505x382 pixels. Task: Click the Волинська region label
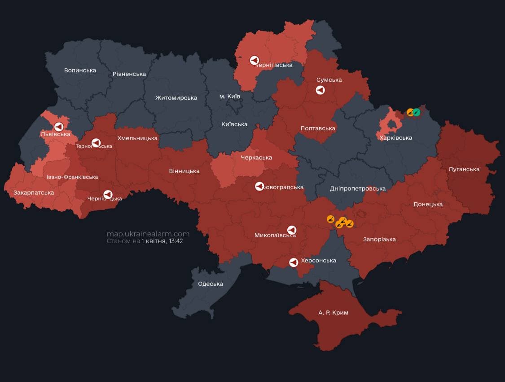(80, 70)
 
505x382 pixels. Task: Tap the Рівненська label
(129, 74)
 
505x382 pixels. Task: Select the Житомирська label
(176, 98)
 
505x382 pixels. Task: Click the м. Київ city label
(229, 97)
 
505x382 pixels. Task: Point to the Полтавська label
(318, 128)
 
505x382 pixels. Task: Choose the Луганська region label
(464, 169)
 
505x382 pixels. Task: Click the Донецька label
(428, 204)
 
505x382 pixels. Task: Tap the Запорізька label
(379, 239)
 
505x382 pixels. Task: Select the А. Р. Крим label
(333, 312)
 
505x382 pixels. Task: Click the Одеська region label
(211, 284)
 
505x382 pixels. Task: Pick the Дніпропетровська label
(357, 188)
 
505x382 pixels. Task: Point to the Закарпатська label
(34, 192)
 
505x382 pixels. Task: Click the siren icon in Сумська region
(320, 90)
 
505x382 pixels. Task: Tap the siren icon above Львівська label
(58, 127)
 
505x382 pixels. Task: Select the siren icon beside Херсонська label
(294, 262)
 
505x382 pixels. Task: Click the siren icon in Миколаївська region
(291, 230)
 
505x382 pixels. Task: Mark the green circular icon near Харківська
(417, 112)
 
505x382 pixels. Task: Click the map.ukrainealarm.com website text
(148, 234)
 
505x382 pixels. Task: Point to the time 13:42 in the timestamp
(174, 241)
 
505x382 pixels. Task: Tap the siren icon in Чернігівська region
(254, 60)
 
